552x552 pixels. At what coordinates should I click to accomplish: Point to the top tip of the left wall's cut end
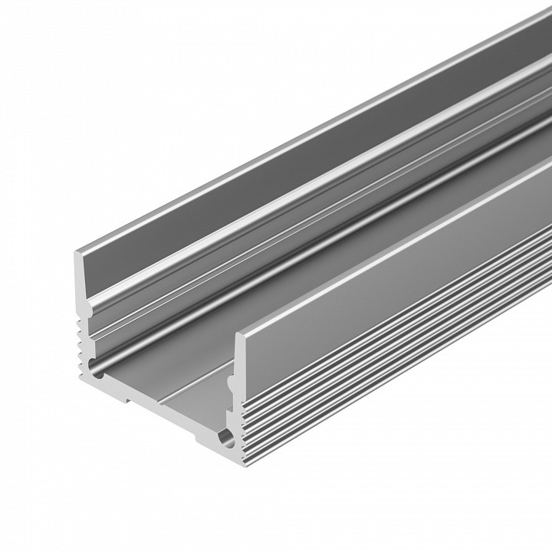(77, 253)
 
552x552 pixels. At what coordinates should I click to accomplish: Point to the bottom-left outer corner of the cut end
(80, 378)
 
